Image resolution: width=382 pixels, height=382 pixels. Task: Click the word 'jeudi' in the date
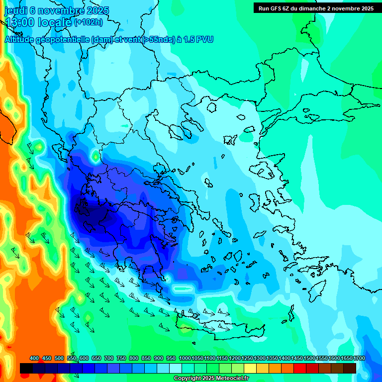pos(16,10)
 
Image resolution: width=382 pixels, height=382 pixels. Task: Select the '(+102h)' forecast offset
pos(89,22)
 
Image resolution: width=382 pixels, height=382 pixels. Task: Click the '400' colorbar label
pos(34,358)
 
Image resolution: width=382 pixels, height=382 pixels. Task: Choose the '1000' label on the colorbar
pos(185,358)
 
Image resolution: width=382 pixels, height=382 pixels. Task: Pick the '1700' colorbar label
pos(359,358)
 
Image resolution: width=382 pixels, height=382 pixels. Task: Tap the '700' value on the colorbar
pos(109,358)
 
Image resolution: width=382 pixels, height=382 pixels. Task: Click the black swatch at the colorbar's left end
pos(26,368)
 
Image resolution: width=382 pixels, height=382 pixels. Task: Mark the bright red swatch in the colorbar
pos(300,368)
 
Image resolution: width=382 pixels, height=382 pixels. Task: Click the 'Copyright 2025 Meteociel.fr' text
pos(211,378)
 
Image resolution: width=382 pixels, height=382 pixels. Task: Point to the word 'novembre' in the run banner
pos(345,8)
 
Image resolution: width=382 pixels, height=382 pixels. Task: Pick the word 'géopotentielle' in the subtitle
pos(62,40)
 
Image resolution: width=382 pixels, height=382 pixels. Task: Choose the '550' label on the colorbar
pos(72,358)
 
